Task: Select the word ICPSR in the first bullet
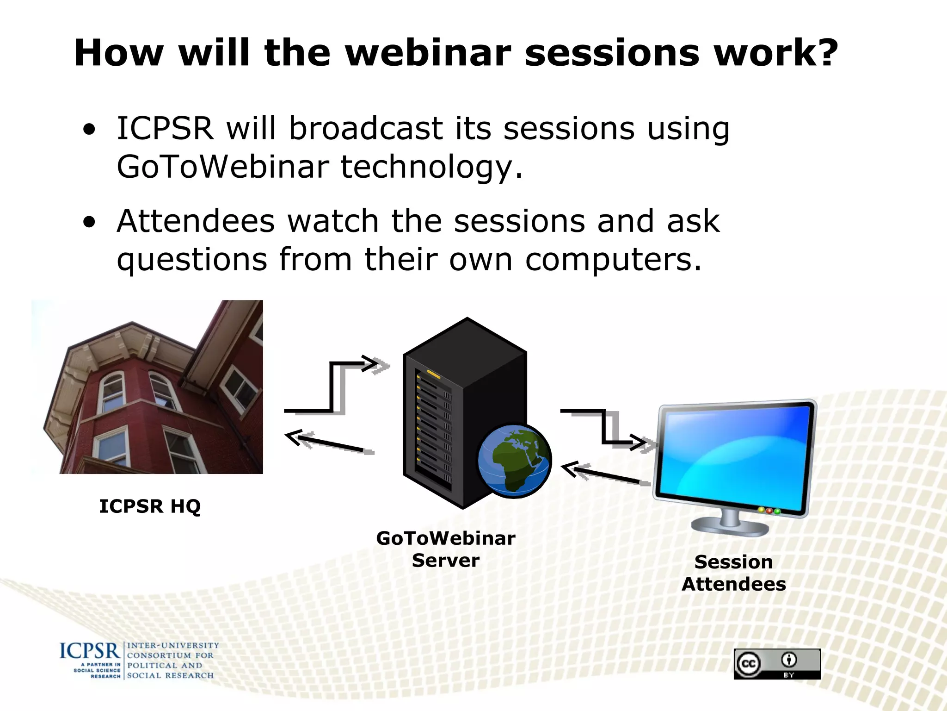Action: click(165, 129)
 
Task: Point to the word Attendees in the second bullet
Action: click(196, 221)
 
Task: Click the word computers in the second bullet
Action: click(613, 260)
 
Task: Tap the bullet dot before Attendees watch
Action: click(89, 223)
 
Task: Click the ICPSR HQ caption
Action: click(150, 506)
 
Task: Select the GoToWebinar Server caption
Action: click(446, 549)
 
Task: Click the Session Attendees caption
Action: click(734, 573)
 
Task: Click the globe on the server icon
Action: click(514, 461)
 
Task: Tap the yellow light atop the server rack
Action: click(433, 373)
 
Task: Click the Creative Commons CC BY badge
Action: click(777, 664)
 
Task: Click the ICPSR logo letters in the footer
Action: click(90, 651)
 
